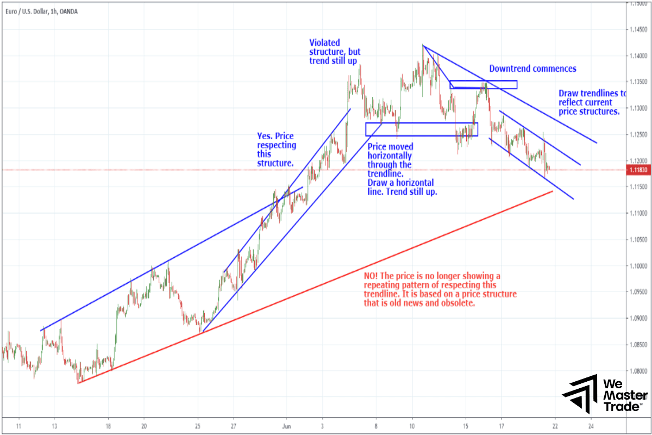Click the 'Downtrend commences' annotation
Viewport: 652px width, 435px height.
532,69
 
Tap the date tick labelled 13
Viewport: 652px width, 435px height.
54,426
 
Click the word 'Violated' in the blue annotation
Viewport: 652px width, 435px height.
325,42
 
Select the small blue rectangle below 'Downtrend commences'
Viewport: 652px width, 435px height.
483,84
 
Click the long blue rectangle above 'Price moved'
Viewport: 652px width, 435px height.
421,129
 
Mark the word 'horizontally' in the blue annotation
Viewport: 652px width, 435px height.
390,156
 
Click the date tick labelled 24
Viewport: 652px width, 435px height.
591,426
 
